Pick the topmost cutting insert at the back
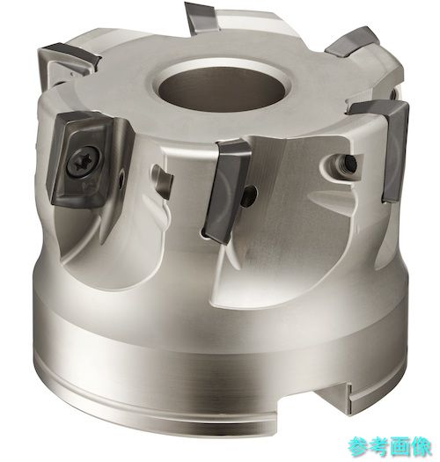pos(203,18)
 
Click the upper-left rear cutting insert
pos(70,57)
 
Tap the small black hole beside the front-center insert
pos(250,195)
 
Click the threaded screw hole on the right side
pos(348,164)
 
